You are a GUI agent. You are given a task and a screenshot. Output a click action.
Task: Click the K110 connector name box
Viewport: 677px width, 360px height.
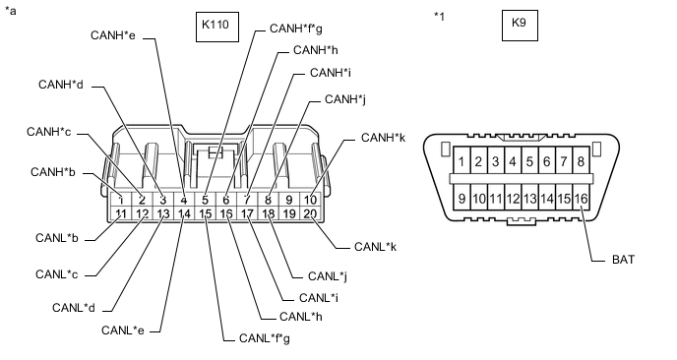pyautogui.click(x=217, y=27)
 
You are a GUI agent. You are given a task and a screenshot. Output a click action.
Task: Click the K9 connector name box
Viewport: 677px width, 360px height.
pyautogui.click(x=520, y=26)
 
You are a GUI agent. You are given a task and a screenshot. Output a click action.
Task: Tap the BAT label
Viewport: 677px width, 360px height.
pyautogui.click(x=624, y=260)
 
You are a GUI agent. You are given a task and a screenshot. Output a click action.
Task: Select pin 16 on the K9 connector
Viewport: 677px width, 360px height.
pyautogui.click(x=581, y=198)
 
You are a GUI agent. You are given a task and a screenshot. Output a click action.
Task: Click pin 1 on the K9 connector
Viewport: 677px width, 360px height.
pyautogui.click(x=462, y=161)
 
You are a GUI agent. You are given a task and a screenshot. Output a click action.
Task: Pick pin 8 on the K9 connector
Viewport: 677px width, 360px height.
pyautogui.click(x=581, y=161)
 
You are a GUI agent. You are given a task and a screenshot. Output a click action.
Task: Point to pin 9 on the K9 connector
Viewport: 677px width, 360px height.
pyautogui.click(x=462, y=198)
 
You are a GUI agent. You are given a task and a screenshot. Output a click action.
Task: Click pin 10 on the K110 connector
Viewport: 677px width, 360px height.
pyautogui.click(x=310, y=200)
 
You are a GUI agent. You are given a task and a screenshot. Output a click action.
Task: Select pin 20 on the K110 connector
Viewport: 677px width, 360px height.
pyautogui.click(x=310, y=213)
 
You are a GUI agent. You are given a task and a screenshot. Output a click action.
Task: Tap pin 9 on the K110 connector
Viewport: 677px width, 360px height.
pyautogui.click(x=289, y=200)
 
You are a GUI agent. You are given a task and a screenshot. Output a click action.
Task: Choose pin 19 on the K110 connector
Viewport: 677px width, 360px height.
pyautogui.click(x=289, y=213)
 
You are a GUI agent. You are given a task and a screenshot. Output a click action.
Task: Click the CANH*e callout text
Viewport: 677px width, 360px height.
pyautogui.click(x=113, y=35)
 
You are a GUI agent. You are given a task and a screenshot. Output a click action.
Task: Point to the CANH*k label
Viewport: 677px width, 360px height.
pyautogui.click(x=383, y=138)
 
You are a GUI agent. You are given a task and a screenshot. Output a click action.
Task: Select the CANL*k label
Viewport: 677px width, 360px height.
pyautogui.click(x=375, y=247)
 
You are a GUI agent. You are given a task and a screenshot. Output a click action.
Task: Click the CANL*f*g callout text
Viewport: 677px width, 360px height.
pyautogui.click(x=265, y=338)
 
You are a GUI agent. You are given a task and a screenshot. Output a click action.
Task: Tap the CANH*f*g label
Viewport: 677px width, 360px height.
pyautogui.click(x=296, y=29)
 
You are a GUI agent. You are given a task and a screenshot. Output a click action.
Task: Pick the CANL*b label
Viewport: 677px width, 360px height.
pyautogui.click(x=56, y=238)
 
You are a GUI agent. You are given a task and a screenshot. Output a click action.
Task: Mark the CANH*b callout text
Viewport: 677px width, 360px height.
pyautogui.click(x=53, y=172)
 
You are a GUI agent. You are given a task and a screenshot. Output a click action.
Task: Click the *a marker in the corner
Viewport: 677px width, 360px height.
pyautogui.click(x=11, y=11)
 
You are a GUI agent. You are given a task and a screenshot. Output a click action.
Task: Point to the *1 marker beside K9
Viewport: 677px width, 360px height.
pyautogui.click(x=439, y=17)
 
